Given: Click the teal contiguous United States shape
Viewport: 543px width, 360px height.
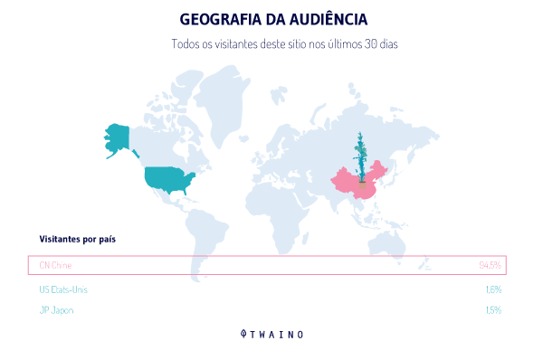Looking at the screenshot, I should click(169, 179).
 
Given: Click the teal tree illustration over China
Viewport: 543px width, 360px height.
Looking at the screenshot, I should click(362, 158).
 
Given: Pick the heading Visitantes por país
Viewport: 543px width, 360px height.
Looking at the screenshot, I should click(77, 239).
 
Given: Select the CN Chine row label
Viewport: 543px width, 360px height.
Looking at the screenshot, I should click(55, 265).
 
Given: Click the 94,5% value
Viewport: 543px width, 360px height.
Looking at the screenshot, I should click(490, 265).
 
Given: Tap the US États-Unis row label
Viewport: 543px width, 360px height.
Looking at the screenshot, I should click(63, 289).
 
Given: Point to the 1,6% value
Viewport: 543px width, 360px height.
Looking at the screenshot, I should click(492, 289).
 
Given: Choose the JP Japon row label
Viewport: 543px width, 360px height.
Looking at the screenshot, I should click(56, 310).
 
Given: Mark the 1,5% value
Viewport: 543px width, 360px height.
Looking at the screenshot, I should click(492, 310).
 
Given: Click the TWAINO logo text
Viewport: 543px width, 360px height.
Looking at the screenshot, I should click(278, 334).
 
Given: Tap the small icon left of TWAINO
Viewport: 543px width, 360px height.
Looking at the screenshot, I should click(243, 334).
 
